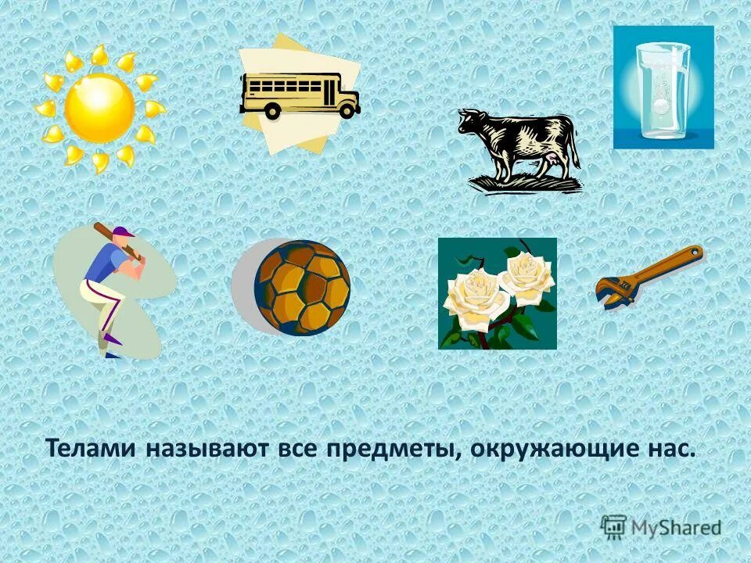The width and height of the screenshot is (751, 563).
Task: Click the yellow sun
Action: point(100,108)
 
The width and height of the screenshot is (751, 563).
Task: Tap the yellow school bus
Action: point(300,95)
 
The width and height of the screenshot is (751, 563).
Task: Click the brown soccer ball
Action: point(304,288)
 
